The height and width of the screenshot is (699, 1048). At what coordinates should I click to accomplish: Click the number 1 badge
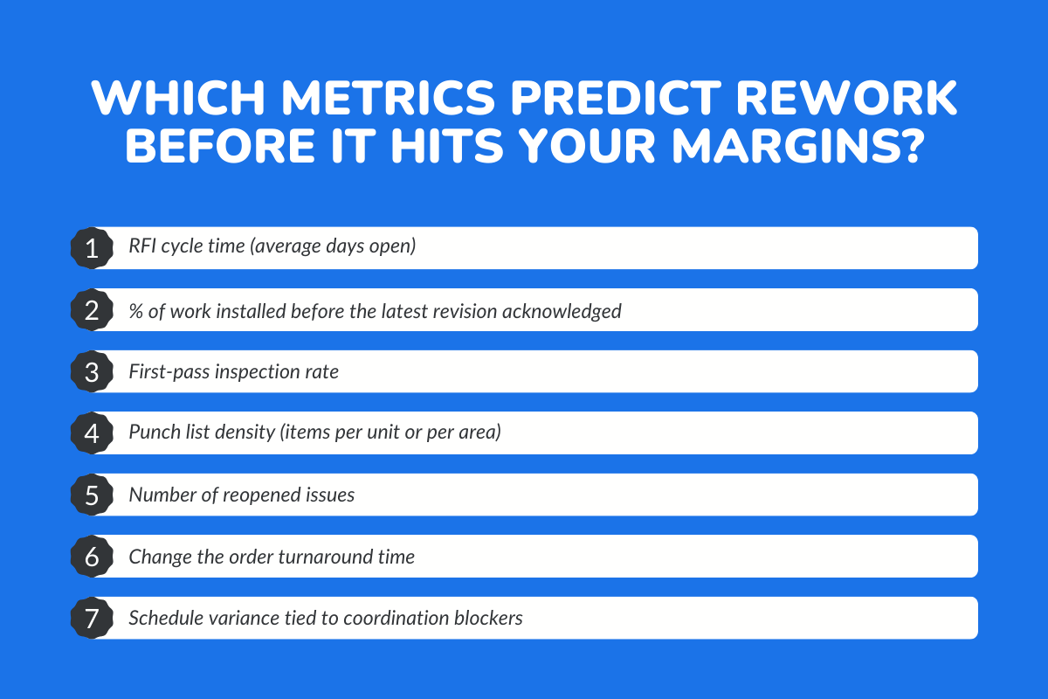tap(91, 248)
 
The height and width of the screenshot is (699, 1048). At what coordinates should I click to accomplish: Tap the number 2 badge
tap(91, 310)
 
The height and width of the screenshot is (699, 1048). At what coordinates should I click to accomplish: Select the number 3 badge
tap(91, 371)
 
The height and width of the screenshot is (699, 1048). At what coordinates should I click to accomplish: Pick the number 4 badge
tap(91, 433)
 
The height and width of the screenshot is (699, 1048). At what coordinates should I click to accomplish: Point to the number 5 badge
tap(91, 495)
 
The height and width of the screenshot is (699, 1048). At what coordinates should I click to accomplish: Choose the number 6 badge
tap(91, 556)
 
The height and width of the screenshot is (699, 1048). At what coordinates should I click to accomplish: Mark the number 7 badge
tap(91, 618)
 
